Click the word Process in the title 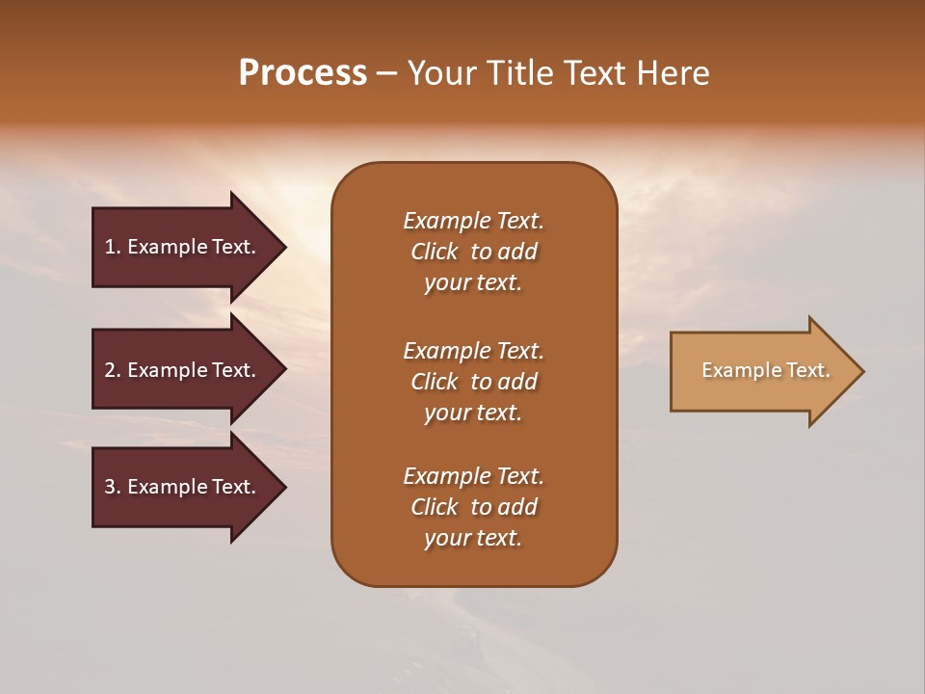303,73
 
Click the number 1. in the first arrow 112,247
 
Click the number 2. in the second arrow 112,370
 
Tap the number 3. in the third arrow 112,487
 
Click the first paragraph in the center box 473,252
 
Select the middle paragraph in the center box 473,382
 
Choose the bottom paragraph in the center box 473,507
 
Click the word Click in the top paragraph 434,252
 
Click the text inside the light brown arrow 765,370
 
